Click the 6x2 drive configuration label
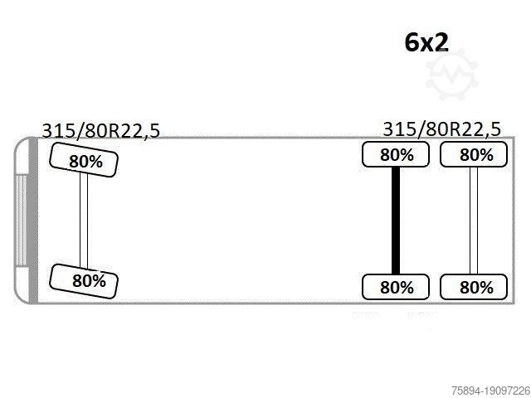(x=426, y=43)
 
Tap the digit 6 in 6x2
(x=412, y=43)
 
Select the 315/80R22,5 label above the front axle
(x=100, y=130)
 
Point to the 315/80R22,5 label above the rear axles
(x=441, y=129)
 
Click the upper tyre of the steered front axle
(x=84, y=160)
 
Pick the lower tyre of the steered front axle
(x=84, y=281)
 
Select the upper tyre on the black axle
(x=396, y=155)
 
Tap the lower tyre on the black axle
(x=396, y=287)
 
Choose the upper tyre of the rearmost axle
(x=474, y=155)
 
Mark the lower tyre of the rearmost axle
(x=474, y=287)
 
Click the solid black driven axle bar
(x=396, y=221)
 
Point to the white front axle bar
(x=84, y=221)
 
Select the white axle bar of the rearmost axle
(x=474, y=221)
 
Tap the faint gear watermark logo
(x=451, y=75)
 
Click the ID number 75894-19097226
(x=490, y=391)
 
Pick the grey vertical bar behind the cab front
(x=33, y=221)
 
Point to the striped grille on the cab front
(x=21, y=221)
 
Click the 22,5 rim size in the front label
(x=141, y=131)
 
